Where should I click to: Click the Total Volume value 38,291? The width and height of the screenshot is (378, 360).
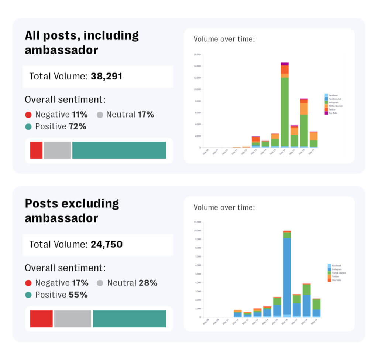pyautogui.click(x=106, y=77)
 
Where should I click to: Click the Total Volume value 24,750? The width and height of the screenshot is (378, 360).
pyautogui.click(x=106, y=244)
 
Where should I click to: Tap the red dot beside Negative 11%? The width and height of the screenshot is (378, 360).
pyautogui.click(x=28, y=115)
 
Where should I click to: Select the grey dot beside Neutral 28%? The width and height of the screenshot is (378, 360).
pyautogui.click(x=100, y=283)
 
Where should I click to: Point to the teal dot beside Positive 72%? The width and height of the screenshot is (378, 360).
pyautogui.click(x=28, y=126)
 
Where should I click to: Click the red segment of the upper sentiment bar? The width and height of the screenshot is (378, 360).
pyautogui.click(x=36, y=150)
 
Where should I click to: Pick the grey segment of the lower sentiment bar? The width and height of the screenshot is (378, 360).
pyautogui.click(x=73, y=319)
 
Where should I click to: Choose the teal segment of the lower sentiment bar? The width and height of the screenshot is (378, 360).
pyautogui.click(x=129, y=319)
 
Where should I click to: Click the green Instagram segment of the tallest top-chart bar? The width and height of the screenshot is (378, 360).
pyautogui.click(x=285, y=111)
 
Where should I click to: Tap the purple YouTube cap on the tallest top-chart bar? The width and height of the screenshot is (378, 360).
pyautogui.click(x=285, y=64)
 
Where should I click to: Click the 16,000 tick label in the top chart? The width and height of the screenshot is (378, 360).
pyautogui.click(x=197, y=55)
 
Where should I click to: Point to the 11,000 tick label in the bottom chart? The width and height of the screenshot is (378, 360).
pyautogui.click(x=197, y=222)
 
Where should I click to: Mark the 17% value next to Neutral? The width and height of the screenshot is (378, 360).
pyautogui.click(x=145, y=115)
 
